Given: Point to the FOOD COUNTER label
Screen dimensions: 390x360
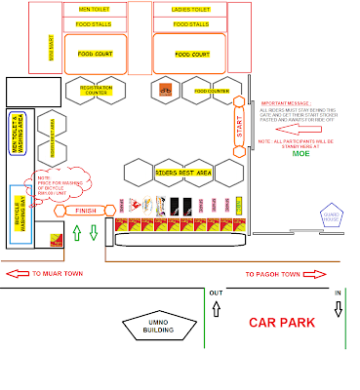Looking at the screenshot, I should coord(211,91).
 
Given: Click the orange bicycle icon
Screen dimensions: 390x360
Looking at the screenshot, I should coord(165,92).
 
